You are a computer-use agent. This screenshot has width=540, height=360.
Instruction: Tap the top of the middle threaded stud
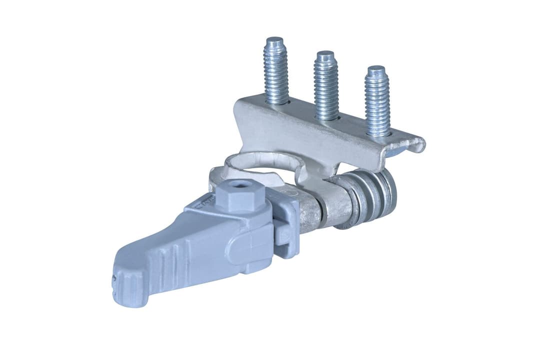coord(325,54)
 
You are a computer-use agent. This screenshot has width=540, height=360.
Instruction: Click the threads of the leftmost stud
coord(276,75)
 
